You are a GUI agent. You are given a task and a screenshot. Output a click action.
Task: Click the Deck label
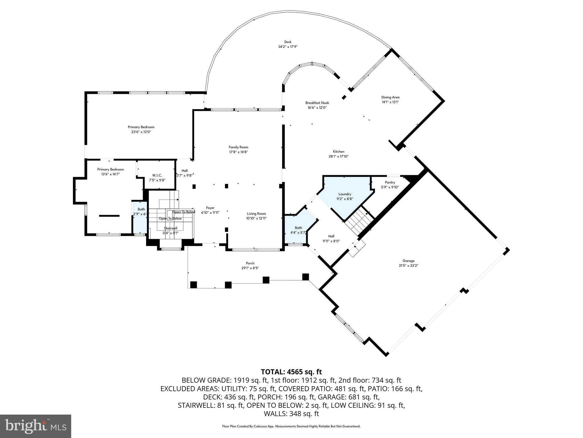coord(288,42)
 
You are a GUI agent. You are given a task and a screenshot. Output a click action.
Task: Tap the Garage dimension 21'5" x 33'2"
coord(408,265)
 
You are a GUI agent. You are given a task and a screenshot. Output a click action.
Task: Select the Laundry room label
coord(345,194)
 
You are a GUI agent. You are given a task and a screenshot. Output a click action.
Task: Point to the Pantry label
coord(390,182)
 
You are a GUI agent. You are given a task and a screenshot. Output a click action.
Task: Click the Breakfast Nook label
coord(317,103)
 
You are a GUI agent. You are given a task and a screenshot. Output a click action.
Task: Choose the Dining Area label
coord(390,97)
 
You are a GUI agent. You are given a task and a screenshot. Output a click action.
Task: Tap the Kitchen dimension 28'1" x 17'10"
coord(338,156)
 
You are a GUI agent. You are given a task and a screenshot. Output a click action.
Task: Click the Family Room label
coord(239,147)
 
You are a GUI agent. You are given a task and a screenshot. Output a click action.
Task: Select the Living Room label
coord(256,214)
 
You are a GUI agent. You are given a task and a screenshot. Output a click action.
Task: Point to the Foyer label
coord(210,208)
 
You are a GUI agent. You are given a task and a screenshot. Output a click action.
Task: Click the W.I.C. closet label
coord(157,175)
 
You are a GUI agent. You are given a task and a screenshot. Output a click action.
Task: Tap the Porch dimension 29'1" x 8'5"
coord(250,268)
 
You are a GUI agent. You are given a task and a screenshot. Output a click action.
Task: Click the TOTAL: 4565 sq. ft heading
coord(291,372)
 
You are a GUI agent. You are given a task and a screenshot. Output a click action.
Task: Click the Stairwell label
coord(171,228)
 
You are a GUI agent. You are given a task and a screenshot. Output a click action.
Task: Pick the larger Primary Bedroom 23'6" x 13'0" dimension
coord(141,132)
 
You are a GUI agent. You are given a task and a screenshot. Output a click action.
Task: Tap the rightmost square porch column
coord(305,277)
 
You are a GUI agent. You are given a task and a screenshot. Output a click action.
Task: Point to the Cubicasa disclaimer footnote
coord(291,426)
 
